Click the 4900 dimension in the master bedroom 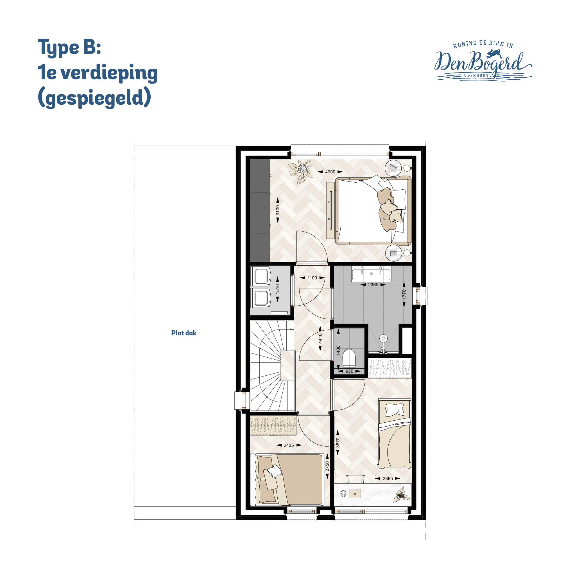coord(330,172)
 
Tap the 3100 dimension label coord(277,210)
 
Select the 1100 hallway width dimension coord(312,278)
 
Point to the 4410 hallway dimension coord(320,338)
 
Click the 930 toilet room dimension coord(349,371)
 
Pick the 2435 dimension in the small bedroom coord(289,445)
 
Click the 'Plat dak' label coord(184,333)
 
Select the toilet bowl coord(349,358)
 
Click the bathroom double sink coord(371,274)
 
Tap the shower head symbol coord(383,339)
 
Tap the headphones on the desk coord(343,493)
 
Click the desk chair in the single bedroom coord(355,479)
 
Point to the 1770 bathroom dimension coord(404,295)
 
